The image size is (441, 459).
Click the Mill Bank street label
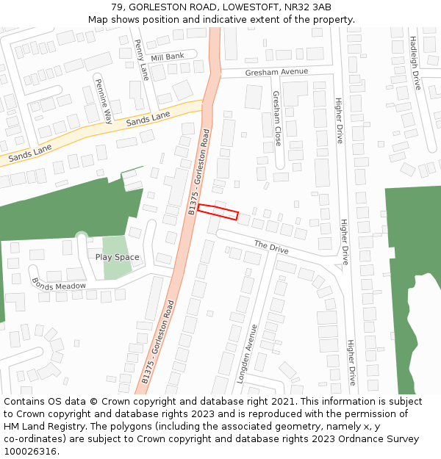tap(168, 57)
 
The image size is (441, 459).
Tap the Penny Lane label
tap(142, 59)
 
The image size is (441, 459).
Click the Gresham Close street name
tap(276, 118)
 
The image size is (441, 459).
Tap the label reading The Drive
tap(271, 247)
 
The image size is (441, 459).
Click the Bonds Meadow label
tap(59, 285)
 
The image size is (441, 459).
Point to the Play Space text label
tap(117, 257)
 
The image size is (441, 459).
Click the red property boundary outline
tap(218, 212)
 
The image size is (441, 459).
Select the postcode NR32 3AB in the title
tap(312, 7)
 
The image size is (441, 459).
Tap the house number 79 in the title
tap(117, 7)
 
